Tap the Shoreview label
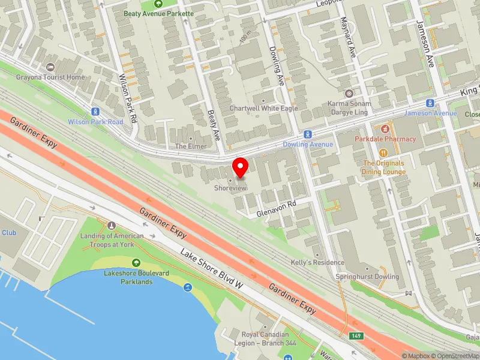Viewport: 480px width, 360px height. (x=230, y=188)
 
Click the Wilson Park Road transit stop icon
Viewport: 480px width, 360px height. (x=95, y=112)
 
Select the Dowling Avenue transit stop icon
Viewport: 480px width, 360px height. (x=307, y=134)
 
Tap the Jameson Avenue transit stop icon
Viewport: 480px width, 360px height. (x=430, y=103)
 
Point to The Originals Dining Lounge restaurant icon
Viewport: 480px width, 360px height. (x=383, y=152)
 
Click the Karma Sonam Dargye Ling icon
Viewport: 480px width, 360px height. (x=349, y=94)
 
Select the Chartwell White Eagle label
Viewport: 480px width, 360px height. (x=263, y=109)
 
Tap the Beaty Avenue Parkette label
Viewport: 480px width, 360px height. (x=158, y=13)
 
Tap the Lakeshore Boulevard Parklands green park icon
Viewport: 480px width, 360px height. (x=136, y=262)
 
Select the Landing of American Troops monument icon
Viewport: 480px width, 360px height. (x=111, y=225)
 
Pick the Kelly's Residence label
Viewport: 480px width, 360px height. (x=318, y=262)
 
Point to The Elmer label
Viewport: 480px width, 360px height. (x=191, y=146)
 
